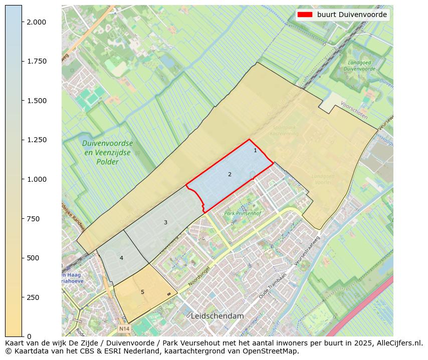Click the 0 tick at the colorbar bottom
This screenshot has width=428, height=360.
30,336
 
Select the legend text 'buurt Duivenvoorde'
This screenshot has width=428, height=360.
352,15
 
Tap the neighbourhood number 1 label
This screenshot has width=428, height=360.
255,150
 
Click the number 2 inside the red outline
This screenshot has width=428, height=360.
230,174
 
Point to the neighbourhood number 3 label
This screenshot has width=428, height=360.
165,222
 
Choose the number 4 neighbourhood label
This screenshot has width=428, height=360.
121,258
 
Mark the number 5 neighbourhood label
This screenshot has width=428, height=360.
142,292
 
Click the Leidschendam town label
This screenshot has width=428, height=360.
217,316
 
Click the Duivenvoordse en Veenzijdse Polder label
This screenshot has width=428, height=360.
108,153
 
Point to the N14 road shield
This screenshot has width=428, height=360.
124,329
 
